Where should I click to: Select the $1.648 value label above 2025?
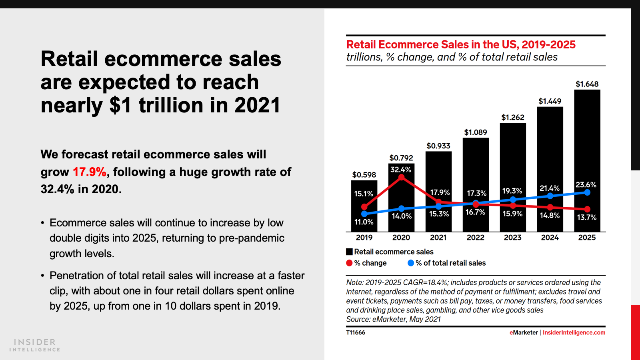coord(587,84)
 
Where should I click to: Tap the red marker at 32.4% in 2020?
coord(402,177)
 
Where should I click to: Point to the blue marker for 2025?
coord(587,192)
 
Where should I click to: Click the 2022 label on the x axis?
coord(475,238)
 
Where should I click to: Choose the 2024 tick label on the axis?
coord(550,238)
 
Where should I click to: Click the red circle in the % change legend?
coord(349,263)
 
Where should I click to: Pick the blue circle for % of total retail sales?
coord(410,263)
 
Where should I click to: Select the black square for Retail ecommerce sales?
coord(349,252)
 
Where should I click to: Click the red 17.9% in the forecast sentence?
coord(89,172)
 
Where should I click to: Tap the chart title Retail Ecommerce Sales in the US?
coord(460,44)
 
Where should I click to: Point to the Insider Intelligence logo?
coord(35,345)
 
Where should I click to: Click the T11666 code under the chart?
coord(356,332)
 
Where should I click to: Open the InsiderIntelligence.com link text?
coord(574,332)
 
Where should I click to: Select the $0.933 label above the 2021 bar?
coord(438,146)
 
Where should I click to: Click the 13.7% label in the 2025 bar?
coord(586,217)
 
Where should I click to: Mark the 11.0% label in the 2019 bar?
coord(364,222)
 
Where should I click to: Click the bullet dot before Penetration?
coord(42,276)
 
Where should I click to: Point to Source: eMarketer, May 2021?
coord(393,319)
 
